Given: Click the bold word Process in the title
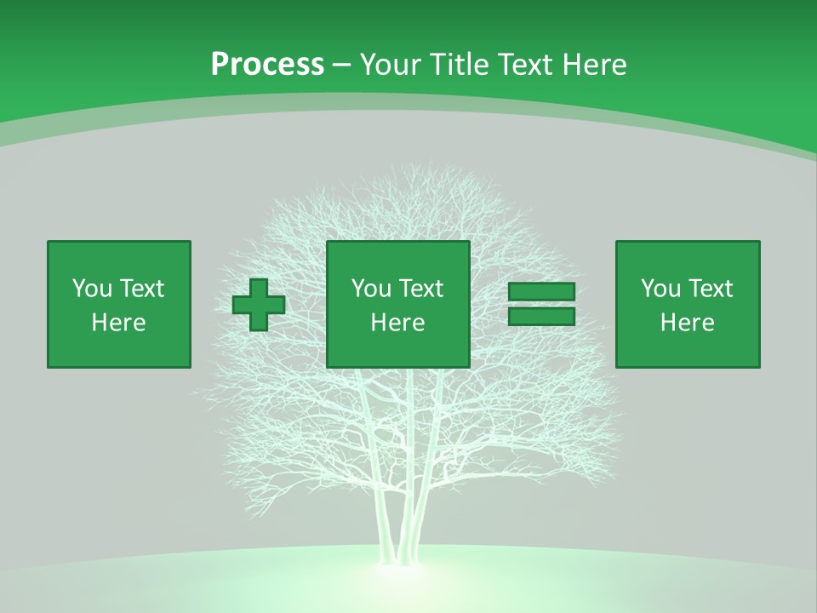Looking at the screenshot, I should (267, 65).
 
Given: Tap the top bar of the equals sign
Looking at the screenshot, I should (541, 292).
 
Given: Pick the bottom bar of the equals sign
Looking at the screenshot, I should (541, 317).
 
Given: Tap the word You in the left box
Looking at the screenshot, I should (91, 289).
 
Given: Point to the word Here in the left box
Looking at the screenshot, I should (119, 323).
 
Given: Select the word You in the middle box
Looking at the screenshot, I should (370, 289).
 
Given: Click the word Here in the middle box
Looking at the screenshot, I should (398, 323).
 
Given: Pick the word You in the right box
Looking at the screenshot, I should (660, 289).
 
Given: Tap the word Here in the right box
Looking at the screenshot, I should (688, 323).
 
